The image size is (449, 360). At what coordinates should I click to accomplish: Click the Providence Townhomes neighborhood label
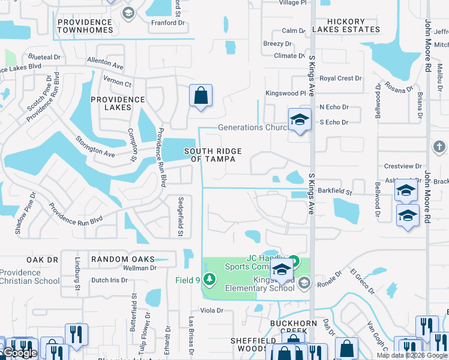(85, 26)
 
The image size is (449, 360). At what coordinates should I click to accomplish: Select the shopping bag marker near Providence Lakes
(200, 96)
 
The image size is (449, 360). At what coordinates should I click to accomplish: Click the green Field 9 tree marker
(209, 280)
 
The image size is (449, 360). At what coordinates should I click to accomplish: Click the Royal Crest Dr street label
(340, 79)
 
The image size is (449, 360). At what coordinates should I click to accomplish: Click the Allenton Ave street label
(105, 61)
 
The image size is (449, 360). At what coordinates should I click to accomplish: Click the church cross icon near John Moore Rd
(439, 146)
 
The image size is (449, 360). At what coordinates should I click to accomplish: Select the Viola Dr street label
(211, 310)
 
